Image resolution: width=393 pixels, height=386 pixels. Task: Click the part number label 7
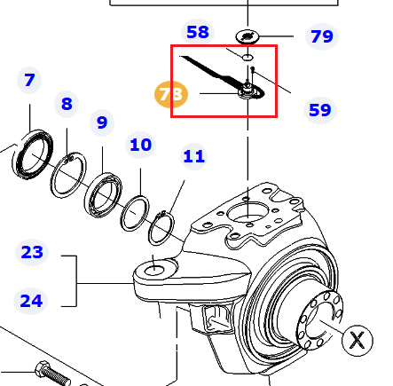[x=29, y=80]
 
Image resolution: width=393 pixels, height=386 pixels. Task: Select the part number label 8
[x=67, y=104]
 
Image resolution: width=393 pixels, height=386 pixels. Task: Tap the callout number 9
[x=102, y=122]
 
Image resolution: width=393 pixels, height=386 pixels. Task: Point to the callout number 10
[x=141, y=145]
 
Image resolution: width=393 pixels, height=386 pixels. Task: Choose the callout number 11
[x=194, y=156]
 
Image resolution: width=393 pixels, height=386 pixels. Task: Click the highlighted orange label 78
[x=171, y=94]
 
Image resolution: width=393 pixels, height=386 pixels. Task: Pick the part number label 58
[x=198, y=32]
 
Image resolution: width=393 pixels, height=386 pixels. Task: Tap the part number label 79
[x=322, y=36]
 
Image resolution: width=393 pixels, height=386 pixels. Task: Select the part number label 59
[x=320, y=110]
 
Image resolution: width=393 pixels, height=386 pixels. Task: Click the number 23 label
[x=32, y=252]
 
